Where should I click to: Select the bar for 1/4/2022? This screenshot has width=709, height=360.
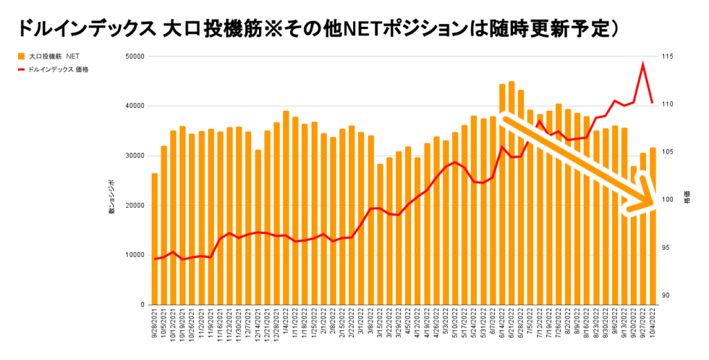pos(286,208)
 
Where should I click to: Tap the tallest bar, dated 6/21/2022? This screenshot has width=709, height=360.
pos(511,193)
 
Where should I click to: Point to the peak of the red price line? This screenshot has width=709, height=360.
pos(643,64)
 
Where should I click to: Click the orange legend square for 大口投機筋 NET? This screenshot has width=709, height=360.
pos(21,57)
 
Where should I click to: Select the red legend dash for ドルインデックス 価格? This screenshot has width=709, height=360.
pos(21,69)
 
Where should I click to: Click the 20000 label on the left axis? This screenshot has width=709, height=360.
pos(133,206)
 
